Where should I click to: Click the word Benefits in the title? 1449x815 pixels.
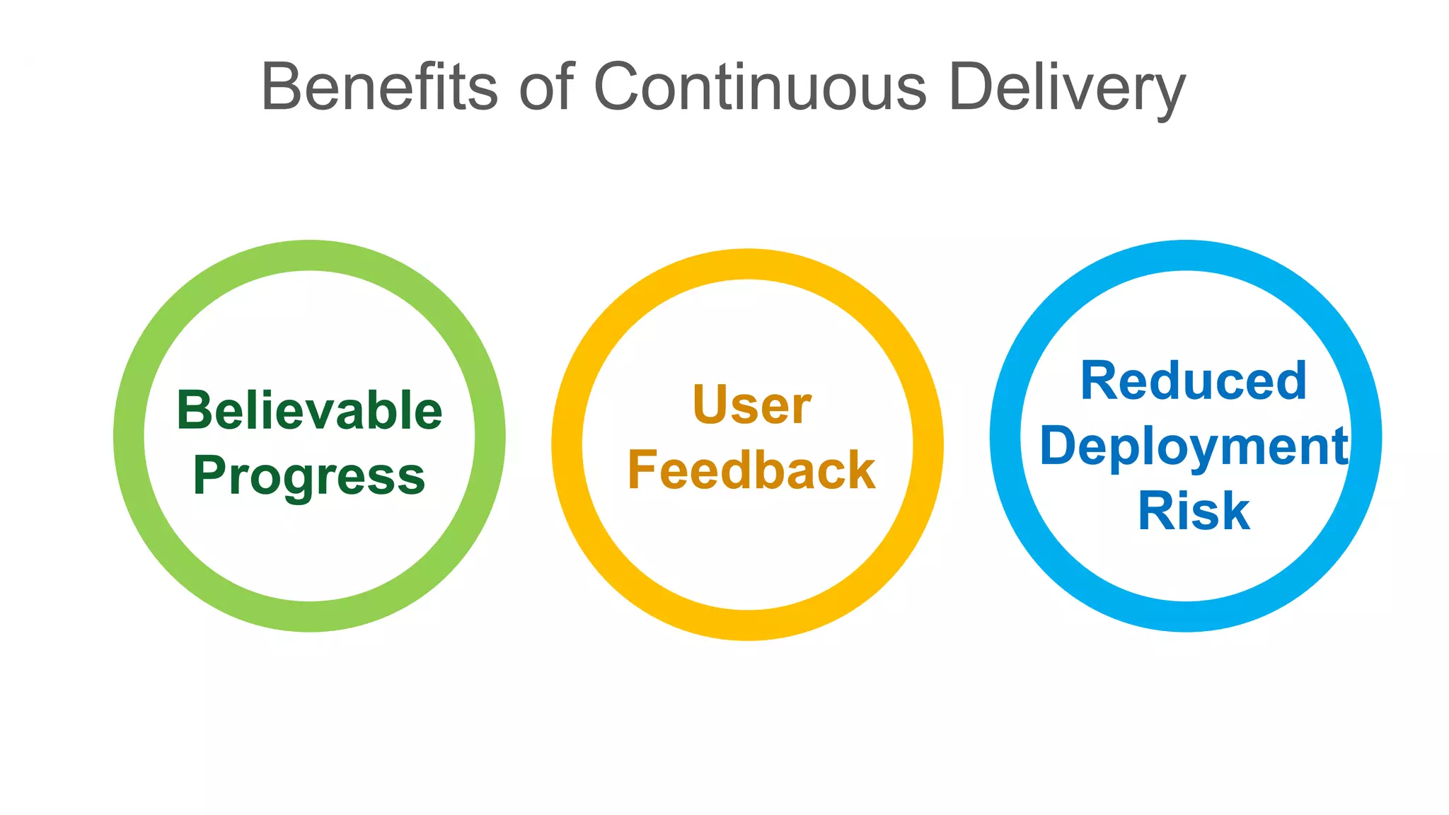tap(379, 86)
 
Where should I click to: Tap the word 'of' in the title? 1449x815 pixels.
tap(545, 86)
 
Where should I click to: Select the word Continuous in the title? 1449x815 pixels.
tap(760, 86)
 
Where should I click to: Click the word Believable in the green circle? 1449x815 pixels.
tap(309, 410)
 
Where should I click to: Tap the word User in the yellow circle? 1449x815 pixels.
tap(751, 405)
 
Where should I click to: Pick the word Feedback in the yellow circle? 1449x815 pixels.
tap(751, 470)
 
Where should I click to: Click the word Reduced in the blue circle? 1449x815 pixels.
tap(1193, 381)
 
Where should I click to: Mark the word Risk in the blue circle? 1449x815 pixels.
tap(1194, 511)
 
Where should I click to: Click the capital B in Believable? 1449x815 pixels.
tap(193, 410)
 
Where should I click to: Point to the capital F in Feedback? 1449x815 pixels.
tap(642, 470)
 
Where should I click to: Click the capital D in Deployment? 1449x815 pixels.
tap(1058, 446)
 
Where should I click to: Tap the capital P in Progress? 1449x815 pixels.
tap(210, 475)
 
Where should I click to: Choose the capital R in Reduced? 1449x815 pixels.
tap(1099, 381)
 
